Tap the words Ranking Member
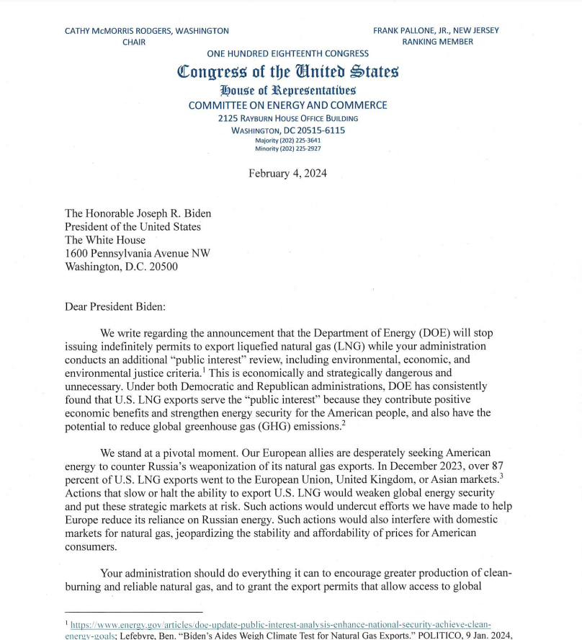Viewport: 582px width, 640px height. click(x=437, y=42)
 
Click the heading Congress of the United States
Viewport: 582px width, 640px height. click(x=287, y=72)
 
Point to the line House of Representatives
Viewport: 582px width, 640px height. click(x=287, y=91)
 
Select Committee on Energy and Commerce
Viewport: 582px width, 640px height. click(x=287, y=105)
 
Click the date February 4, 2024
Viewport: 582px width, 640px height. click(x=287, y=173)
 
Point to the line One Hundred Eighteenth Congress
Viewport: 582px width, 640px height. click(x=287, y=53)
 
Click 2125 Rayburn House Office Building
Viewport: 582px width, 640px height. click(x=287, y=118)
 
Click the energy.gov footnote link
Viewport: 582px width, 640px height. click(x=281, y=623)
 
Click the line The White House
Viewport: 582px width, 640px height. click(x=105, y=240)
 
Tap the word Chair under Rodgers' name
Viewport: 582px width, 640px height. click(x=134, y=42)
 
